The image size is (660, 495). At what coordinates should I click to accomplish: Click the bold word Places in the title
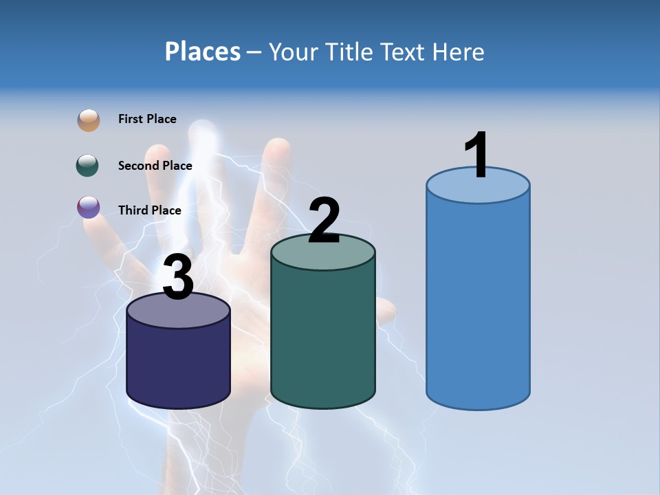click(203, 52)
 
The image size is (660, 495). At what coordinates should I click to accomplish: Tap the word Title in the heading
click(350, 52)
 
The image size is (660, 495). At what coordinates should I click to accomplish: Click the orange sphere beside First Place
click(89, 120)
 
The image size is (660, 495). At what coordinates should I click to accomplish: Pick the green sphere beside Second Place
click(88, 166)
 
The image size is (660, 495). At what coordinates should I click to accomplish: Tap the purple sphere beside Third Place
click(89, 207)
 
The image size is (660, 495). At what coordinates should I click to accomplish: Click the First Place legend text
click(147, 119)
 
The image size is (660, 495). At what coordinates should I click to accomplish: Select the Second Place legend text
click(155, 166)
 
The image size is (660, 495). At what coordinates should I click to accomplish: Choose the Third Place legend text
click(150, 210)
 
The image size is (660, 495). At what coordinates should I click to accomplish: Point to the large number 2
click(324, 220)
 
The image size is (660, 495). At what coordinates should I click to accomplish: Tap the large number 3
click(178, 277)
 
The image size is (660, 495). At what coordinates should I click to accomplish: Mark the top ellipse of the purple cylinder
click(178, 311)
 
